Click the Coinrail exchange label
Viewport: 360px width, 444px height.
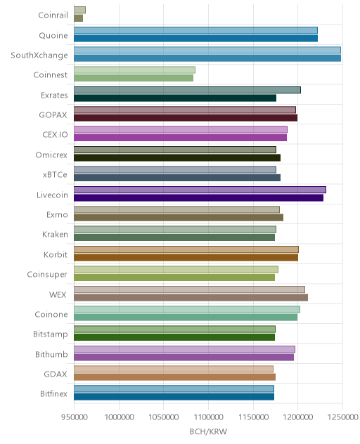click(53, 15)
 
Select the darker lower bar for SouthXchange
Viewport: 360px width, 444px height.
click(207, 58)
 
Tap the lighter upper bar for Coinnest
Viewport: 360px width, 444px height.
click(134, 70)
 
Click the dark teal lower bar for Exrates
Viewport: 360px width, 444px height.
click(175, 98)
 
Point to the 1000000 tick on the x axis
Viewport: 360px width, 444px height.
click(119, 417)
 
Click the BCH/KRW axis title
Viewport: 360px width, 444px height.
click(208, 431)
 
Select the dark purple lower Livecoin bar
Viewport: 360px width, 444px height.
click(198, 197)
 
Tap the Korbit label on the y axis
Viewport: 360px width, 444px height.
click(56, 254)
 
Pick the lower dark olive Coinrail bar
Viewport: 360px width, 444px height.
click(78, 18)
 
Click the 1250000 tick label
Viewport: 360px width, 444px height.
click(342, 417)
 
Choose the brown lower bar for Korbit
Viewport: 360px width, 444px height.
click(186, 257)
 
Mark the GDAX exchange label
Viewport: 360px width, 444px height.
click(56, 374)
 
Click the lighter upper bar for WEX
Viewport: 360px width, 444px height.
click(189, 289)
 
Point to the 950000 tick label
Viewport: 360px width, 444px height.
click(75, 417)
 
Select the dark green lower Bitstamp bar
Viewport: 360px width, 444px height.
click(174, 337)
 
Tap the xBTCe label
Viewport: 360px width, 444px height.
click(55, 175)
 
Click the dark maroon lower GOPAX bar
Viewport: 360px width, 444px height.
click(186, 118)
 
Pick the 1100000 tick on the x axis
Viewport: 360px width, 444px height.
click(209, 417)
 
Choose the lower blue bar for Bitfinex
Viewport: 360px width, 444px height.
click(174, 397)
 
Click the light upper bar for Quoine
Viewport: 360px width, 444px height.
click(195, 30)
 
